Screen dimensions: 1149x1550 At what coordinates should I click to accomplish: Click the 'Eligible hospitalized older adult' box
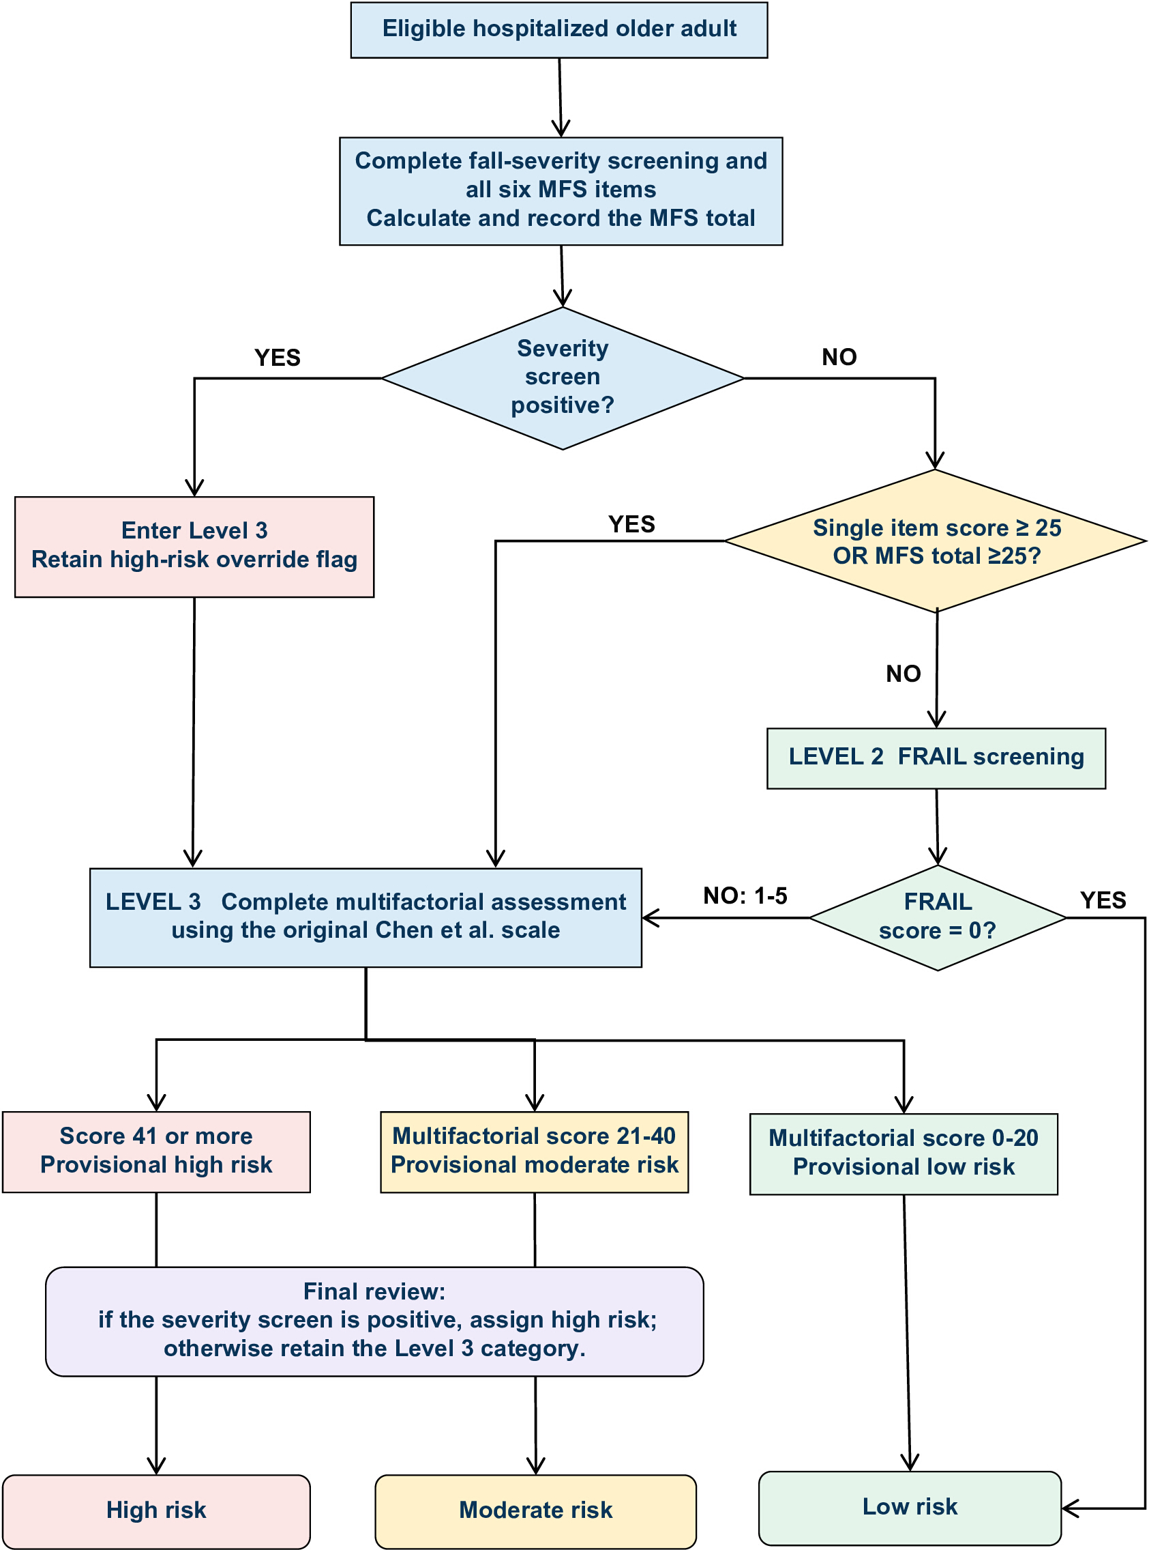558,30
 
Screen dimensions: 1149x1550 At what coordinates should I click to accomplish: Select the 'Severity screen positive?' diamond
563,378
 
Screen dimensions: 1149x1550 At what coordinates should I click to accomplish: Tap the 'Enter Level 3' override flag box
194,547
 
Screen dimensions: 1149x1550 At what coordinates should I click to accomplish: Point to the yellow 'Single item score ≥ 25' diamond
936,541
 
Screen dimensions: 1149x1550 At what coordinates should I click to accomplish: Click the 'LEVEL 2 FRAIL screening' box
936,758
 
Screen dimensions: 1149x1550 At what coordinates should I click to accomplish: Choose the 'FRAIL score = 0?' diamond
938,917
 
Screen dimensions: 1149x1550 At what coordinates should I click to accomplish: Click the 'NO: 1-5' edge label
745,895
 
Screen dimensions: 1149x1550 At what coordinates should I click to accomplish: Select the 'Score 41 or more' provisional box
156,1151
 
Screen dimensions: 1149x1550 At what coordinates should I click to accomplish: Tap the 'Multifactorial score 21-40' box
534,1151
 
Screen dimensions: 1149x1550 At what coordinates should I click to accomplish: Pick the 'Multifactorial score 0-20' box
904,1153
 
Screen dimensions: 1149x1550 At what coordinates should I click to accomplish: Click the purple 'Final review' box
374,1320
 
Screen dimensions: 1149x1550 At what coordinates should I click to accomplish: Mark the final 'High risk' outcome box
156,1511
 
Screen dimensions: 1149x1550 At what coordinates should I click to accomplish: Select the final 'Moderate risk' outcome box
535,1511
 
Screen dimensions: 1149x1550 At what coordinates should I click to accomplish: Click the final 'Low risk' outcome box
910,1508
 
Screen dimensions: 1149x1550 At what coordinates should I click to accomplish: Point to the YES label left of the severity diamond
278,358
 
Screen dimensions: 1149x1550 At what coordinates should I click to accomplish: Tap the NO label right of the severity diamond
839,357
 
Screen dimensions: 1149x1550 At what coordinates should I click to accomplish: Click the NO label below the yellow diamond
904,674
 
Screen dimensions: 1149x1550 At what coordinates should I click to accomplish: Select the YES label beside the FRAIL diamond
1103,901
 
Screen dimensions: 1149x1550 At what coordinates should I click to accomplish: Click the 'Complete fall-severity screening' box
561,190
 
